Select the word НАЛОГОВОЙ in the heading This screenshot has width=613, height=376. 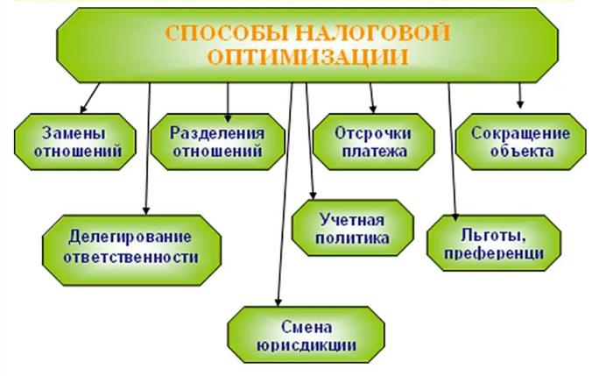tap(373, 32)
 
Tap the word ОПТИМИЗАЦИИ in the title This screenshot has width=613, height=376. tap(307, 58)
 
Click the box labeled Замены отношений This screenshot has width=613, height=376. tap(75, 142)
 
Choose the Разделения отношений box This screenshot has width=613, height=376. tap(218, 142)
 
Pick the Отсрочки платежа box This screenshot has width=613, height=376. tap(374, 142)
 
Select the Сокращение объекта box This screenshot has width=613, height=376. tap(521, 142)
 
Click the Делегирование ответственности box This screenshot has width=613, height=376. tap(131, 250)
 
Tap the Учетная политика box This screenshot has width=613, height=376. tap(353, 228)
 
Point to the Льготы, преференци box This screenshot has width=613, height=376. tap(494, 243)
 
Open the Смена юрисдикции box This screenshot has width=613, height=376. tap(306, 335)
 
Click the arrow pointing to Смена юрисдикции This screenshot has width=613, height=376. tap(285, 195)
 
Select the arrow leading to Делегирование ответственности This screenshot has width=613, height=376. tap(148, 149)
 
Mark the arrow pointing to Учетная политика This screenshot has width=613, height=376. tap(310, 141)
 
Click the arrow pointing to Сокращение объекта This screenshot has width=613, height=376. tap(519, 96)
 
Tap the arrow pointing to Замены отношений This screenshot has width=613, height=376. tap(90, 98)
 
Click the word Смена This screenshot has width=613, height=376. tap(306, 327)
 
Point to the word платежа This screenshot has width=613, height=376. tap(375, 151)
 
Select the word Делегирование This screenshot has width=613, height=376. tap(130, 238)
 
